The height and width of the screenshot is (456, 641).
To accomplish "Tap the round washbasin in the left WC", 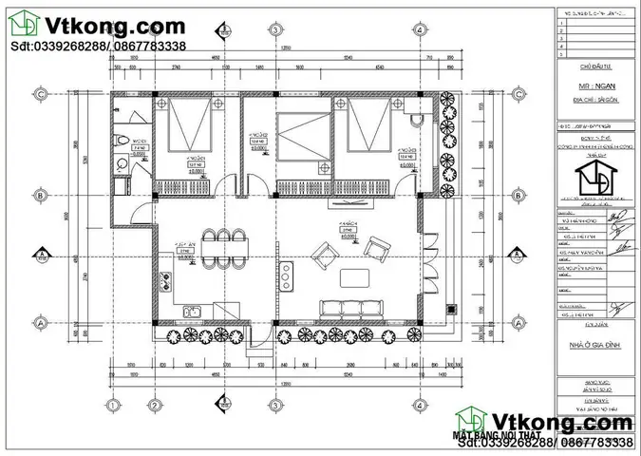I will [x=121, y=163].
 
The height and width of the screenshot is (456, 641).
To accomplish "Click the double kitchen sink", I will [x=194, y=310].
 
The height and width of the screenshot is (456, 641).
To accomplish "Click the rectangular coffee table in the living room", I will [x=354, y=277].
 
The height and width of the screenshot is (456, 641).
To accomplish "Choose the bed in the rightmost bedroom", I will [x=368, y=129].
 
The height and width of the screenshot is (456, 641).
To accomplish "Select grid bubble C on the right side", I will [x=518, y=93].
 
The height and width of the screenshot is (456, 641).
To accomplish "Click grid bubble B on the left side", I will [x=41, y=195].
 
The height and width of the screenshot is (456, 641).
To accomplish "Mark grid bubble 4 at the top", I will [x=418, y=29].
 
